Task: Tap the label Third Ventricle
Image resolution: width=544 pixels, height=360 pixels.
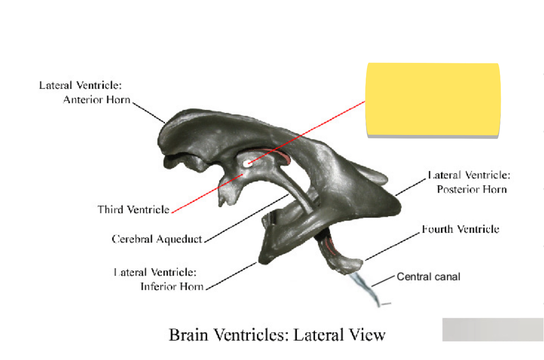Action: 133,209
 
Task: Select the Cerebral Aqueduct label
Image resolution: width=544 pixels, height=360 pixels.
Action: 157,239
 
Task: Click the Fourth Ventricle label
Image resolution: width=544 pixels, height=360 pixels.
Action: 460,229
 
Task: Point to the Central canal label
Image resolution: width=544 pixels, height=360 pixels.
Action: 428,277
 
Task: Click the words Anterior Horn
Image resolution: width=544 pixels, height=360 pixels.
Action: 97,99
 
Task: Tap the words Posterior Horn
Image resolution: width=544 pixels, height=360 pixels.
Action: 471,189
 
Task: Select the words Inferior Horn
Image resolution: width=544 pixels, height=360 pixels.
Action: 172,286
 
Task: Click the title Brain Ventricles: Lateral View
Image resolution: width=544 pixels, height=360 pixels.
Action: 277,335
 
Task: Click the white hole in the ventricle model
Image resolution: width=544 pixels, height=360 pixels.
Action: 248,163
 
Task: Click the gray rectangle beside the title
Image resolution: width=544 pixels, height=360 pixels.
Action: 492,330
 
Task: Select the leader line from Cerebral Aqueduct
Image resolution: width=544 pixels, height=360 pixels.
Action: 246,218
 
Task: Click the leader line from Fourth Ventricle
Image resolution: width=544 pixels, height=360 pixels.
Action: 393,246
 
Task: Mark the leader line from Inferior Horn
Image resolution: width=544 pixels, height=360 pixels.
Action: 232,276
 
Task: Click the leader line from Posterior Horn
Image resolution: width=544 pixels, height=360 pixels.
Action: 411,187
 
